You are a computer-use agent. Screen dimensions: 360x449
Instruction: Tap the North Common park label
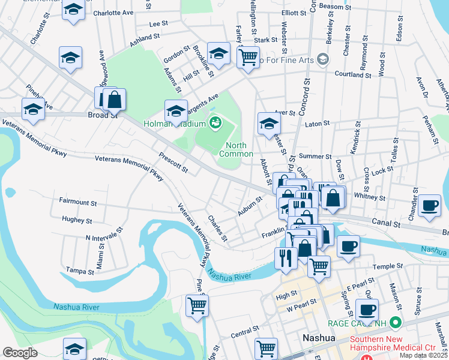(236, 150)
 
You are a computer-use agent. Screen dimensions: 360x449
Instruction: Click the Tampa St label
(80, 271)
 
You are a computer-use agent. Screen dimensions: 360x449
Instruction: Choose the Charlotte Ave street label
(113, 12)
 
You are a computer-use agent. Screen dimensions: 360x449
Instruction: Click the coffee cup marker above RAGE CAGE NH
(367, 310)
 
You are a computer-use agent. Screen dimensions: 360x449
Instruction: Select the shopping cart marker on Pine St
(197, 305)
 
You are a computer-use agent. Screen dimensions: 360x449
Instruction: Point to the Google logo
(20, 353)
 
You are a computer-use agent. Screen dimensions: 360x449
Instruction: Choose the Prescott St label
(174, 161)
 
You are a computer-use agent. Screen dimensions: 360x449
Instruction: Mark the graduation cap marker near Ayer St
(269, 123)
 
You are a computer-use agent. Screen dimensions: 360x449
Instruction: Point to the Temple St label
(388, 266)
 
